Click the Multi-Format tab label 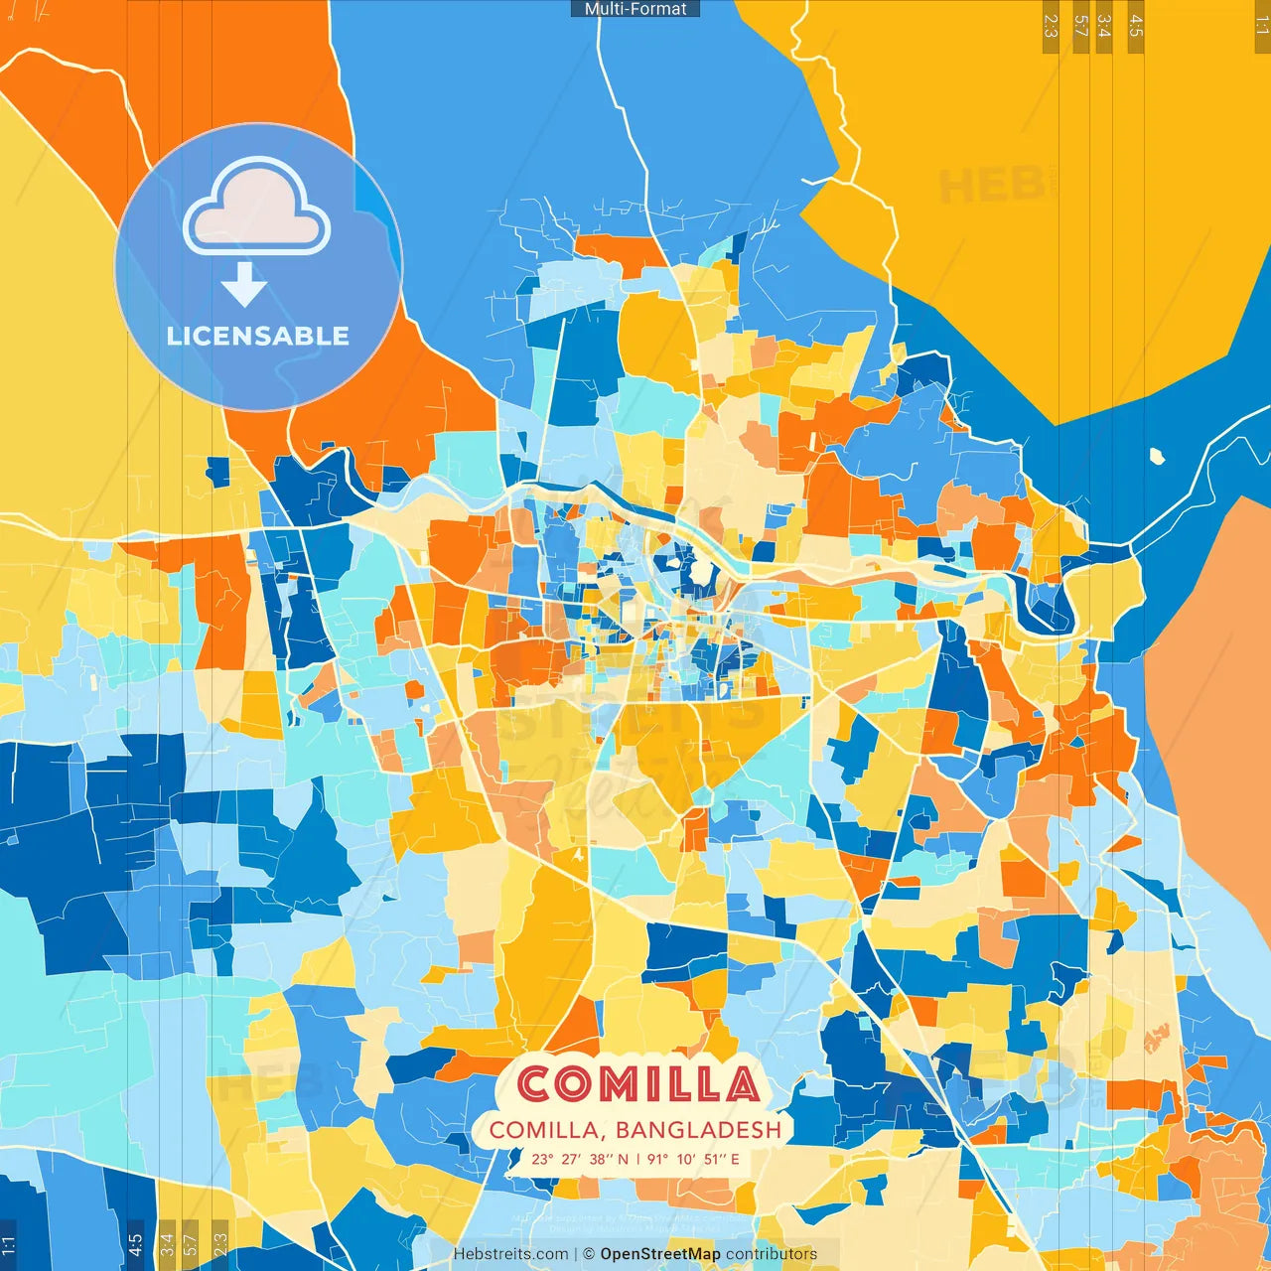point(635,9)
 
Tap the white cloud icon point(256,208)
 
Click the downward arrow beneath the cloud point(243,284)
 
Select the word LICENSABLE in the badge point(258,336)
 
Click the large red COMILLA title point(637,1084)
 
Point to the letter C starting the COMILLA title point(537,1084)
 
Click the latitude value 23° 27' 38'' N point(580,1159)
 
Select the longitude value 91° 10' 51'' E point(693,1159)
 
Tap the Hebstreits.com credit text point(510,1254)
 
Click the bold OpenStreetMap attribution point(659,1254)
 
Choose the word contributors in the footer point(772,1254)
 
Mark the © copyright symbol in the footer point(589,1254)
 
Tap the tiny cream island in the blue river point(1157,457)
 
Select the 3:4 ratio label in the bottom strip point(167,1243)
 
